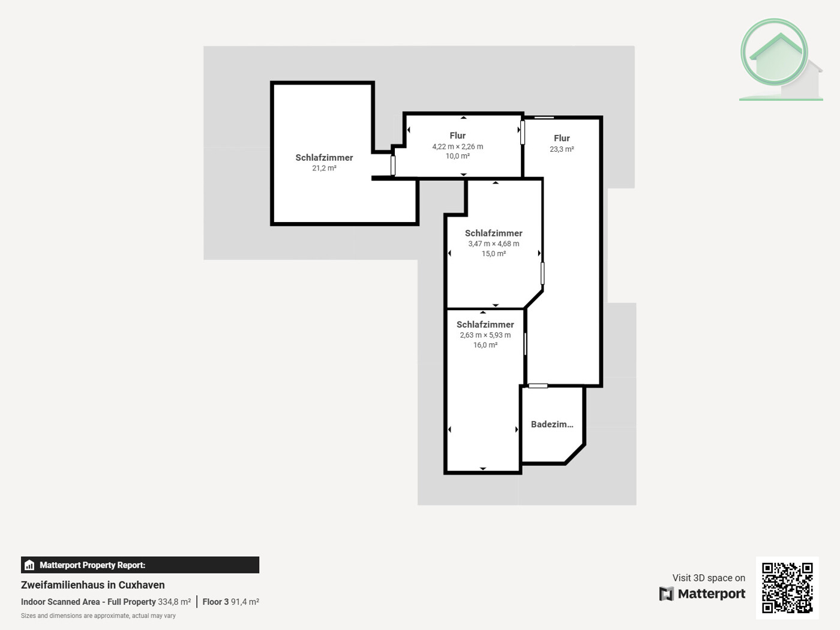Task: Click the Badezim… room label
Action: click(551, 424)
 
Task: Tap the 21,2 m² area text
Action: click(324, 169)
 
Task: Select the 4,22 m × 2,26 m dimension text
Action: click(457, 146)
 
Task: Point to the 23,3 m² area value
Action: click(562, 149)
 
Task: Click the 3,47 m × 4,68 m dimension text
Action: click(493, 244)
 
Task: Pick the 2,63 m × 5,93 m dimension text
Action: click(485, 335)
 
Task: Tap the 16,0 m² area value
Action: click(485, 345)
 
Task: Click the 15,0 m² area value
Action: click(493, 254)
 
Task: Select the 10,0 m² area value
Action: click(457, 156)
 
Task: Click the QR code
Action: click(787, 587)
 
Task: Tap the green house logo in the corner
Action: click(778, 59)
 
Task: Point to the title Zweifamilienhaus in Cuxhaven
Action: click(93, 585)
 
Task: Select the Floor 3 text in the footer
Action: click(215, 602)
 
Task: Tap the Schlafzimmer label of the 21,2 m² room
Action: click(324, 158)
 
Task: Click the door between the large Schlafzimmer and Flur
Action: click(393, 165)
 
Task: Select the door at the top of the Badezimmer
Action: click(538, 386)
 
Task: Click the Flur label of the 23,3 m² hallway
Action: click(562, 138)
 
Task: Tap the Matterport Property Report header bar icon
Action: click(29, 565)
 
